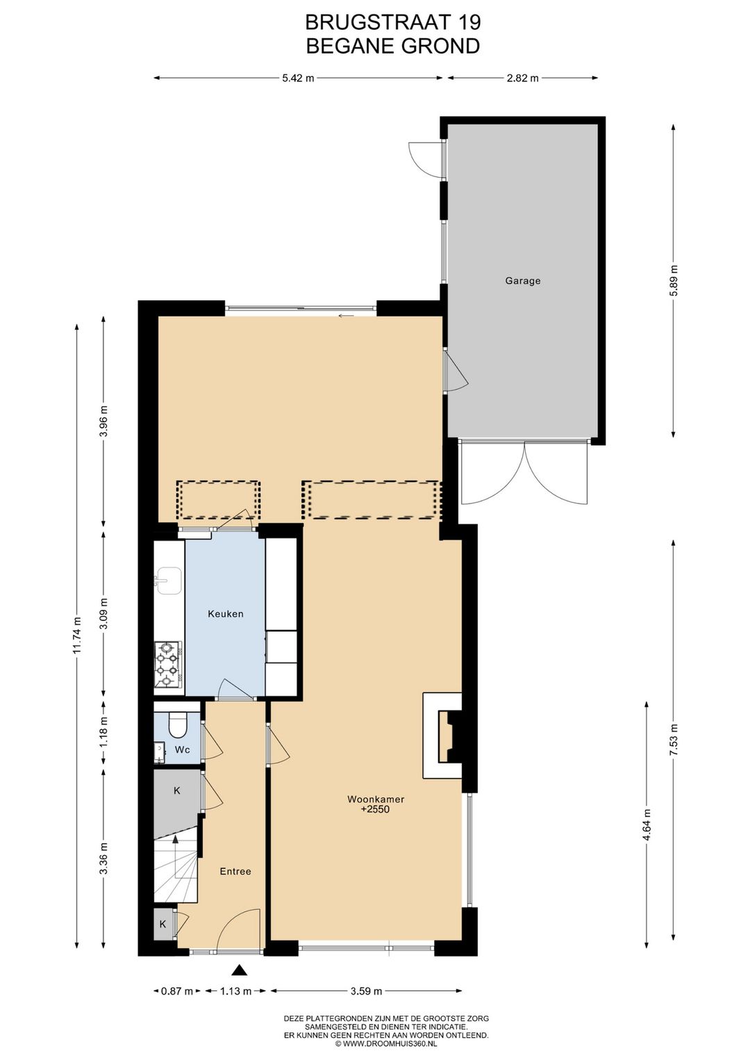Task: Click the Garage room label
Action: [x=522, y=281]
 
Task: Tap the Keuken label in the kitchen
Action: [x=226, y=613]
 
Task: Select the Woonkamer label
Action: [x=376, y=799]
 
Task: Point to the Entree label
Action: [x=235, y=871]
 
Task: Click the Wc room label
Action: [x=183, y=750]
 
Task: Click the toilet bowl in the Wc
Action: [x=178, y=725]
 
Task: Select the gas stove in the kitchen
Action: [x=167, y=664]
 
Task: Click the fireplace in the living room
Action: [x=444, y=736]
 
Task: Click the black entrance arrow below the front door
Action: [x=240, y=970]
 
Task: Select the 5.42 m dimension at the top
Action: [x=298, y=78]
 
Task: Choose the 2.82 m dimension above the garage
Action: [x=522, y=78]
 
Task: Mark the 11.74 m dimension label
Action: [x=77, y=635]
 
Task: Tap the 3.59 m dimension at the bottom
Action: [x=366, y=991]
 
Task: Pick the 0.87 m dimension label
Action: [x=176, y=991]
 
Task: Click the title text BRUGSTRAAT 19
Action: [x=392, y=22]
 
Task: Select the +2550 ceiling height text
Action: [x=376, y=809]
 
